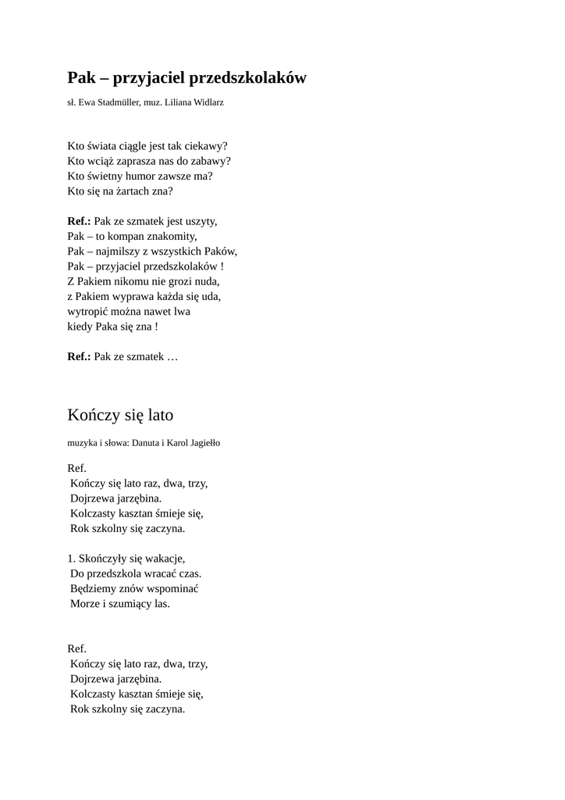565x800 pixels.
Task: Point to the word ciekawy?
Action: [205, 146]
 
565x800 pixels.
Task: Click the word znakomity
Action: [169, 236]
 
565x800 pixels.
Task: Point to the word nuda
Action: [207, 281]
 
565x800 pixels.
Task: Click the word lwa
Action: [182, 311]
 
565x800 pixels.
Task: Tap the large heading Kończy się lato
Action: [120, 415]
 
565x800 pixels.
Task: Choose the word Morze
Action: [85, 604]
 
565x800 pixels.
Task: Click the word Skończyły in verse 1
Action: [104, 559]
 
